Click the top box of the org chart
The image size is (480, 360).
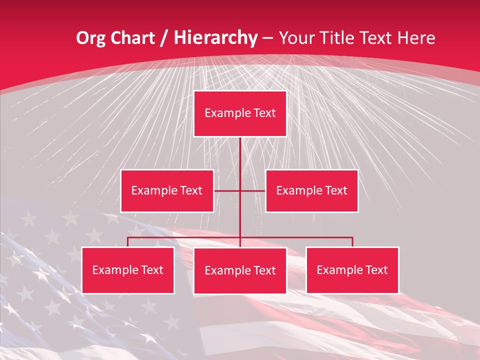(240, 113)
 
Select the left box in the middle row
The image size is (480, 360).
(167, 191)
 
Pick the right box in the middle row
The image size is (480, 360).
(311, 191)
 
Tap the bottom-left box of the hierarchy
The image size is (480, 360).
(127, 270)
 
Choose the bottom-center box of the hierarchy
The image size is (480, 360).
(240, 271)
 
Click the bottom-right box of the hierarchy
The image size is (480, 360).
(352, 270)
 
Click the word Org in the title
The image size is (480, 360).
(90, 38)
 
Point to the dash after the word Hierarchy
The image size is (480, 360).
(267, 38)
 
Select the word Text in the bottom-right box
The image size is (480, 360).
(376, 270)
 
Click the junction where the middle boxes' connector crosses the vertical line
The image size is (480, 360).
(240, 191)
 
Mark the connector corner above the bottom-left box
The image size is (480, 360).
(128, 238)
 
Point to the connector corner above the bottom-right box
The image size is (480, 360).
(352, 238)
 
